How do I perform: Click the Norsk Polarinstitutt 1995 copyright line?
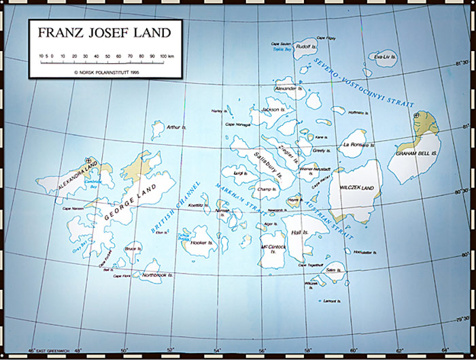104,70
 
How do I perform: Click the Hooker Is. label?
199,242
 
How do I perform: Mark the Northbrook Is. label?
158,276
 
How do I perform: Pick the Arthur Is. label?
177,127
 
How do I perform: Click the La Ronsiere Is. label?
356,145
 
